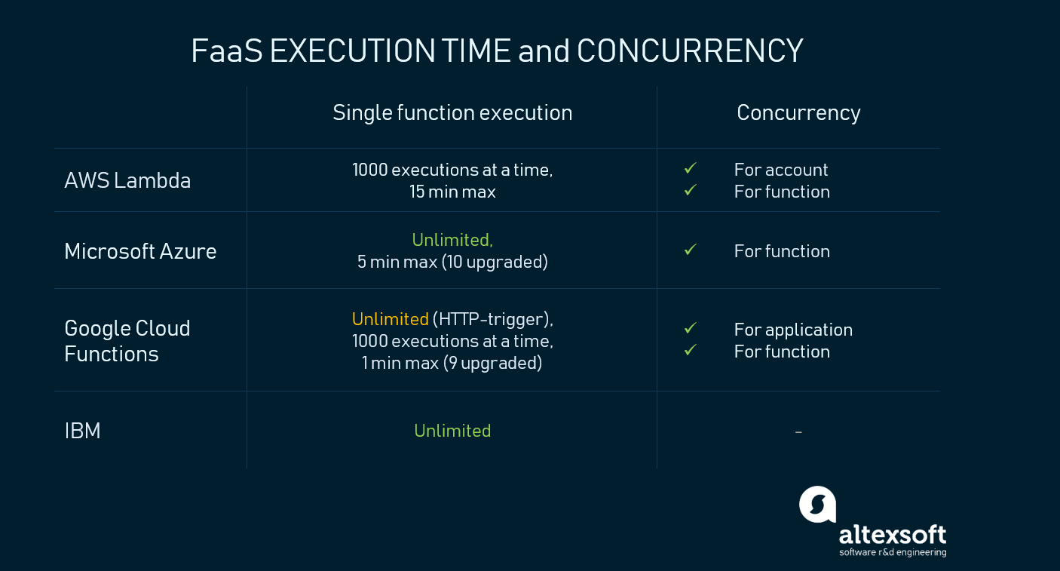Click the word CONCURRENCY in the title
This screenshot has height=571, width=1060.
point(690,51)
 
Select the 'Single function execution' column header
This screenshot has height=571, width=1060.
point(452,113)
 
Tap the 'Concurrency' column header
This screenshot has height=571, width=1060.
point(798,113)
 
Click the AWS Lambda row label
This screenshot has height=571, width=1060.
point(127,180)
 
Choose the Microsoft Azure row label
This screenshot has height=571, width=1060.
point(140,251)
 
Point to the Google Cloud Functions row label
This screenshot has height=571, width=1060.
point(127,341)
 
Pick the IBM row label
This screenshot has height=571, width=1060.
point(82,431)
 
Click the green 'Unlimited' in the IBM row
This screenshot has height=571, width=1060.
point(452,431)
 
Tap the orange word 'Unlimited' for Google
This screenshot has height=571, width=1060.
point(391,319)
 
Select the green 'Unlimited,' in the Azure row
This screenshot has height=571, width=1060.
point(452,240)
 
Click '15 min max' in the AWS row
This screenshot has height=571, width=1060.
point(452,192)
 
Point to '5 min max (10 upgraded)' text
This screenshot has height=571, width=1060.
point(452,262)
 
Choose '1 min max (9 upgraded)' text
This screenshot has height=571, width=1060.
point(452,363)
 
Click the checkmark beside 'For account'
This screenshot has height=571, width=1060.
point(691,168)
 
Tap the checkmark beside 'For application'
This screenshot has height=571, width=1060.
point(691,327)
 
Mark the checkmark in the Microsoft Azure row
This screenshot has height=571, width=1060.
point(691,250)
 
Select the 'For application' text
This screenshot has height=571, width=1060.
point(793,330)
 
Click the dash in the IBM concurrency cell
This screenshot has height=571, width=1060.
point(798,431)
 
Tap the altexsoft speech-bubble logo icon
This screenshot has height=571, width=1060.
point(818,505)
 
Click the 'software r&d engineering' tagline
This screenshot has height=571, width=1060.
point(893,553)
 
